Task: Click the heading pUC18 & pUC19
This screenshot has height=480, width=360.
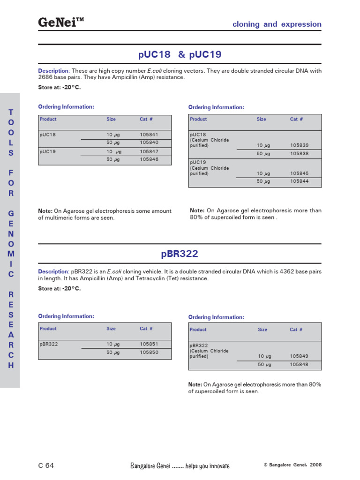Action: coord(180,55)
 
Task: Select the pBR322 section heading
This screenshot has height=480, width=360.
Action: coord(180,254)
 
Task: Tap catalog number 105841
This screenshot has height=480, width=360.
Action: coord(149,135)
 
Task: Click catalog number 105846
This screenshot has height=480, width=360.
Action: coord(149,159)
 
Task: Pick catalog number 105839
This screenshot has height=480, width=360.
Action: coord(299,145)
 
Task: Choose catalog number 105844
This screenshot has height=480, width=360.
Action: coord(299,181)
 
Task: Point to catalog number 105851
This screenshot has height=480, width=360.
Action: coord(149,344)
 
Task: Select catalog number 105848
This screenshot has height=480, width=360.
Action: coord(299,365)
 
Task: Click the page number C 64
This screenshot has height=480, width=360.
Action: coord(46,465)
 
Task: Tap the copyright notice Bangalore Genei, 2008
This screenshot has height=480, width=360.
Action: coord(292,465)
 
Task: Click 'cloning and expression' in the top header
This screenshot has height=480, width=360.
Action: coord(277,24)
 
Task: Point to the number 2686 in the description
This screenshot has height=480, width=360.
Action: coord(46,77)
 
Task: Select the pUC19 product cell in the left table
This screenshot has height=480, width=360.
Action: coord(48,152)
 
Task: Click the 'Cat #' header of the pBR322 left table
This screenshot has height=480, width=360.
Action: coord(146,329)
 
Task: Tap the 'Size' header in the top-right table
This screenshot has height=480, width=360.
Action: coord(261,120)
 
